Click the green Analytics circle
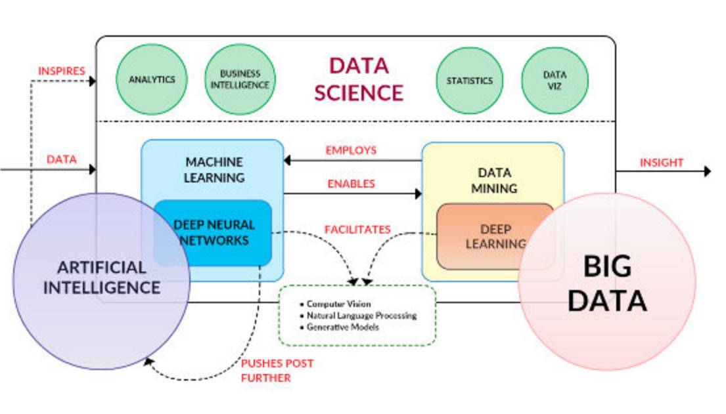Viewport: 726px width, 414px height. (152, 80)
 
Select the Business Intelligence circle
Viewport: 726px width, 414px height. (240, 80)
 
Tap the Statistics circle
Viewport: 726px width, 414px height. (469, 81)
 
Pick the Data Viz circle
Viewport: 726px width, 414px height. (555, 80)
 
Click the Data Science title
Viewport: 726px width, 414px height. (358, 79)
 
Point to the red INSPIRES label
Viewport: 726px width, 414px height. (62, 71)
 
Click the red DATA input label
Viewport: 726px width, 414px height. (61, 159)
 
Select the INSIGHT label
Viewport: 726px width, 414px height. (662, 162)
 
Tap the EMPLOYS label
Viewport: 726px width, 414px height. (351, 150)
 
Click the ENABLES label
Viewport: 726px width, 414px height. (351, 184)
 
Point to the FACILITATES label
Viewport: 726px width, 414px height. (357, 230)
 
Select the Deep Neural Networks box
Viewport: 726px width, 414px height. (214, 233)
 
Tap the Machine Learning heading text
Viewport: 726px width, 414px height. (214, 169)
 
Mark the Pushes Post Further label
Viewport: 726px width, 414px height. (277, 370)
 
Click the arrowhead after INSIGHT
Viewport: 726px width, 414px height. (707, 171)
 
